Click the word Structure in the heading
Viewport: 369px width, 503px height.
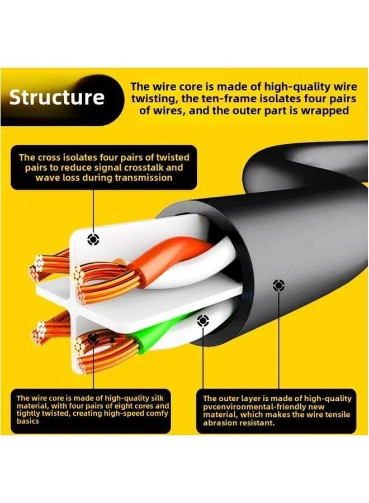[x=57, y=97]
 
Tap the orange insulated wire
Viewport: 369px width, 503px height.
[x=167, y=257]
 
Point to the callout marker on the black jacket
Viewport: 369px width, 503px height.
[x=278, y=285]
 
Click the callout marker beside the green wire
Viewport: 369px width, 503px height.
[x=202, y=320]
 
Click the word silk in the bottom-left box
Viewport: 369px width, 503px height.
[x=157, y=398]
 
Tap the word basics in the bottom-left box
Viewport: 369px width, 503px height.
[x=28, y=421]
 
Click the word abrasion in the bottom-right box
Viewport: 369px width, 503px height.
[x=217, y=423]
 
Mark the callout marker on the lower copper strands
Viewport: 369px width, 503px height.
[x=93, y=339]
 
